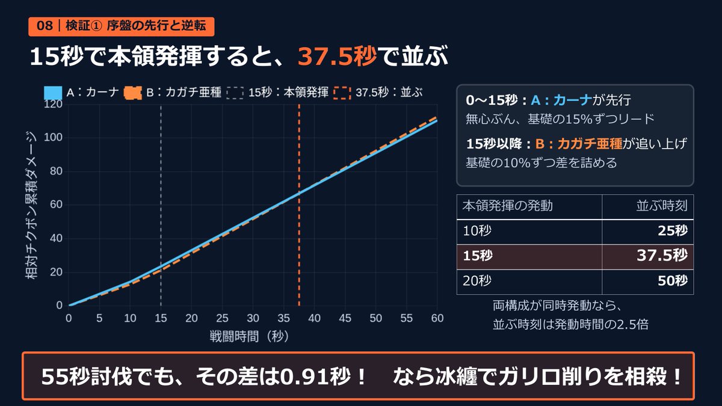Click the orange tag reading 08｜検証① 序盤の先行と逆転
pyautogui.click(x=121, y=26)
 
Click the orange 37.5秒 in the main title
pyautogui.click(x=337, y=56)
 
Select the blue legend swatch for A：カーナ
pyautogui.click(x=53, y=93)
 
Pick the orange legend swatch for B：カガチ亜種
pyautogui.click(x=133, y=93)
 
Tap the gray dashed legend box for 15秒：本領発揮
pyautogui.click(x=235, y=93)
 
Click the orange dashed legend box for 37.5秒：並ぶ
pyautogui.click(x=342, y=93)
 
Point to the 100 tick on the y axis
pyautogui.click(x=53, y=138)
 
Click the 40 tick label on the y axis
pyautogui.click(x=56, y=238)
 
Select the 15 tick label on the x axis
pyautogui.click(x=161, y=318)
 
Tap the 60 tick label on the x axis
pyautogui.click(x=437, y=318)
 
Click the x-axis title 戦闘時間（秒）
pyautogui.click(x=249, y=336)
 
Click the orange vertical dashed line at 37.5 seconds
pyautogui.click(x=299, y=205)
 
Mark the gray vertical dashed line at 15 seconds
pyautogui.click(x=161, y=205)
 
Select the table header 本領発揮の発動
pyautogui.click(x=507, y=206)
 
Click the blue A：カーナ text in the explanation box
pyautogui.click(x=561, y=100)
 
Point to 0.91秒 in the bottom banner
pyautogui.click(x=315, y=377)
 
